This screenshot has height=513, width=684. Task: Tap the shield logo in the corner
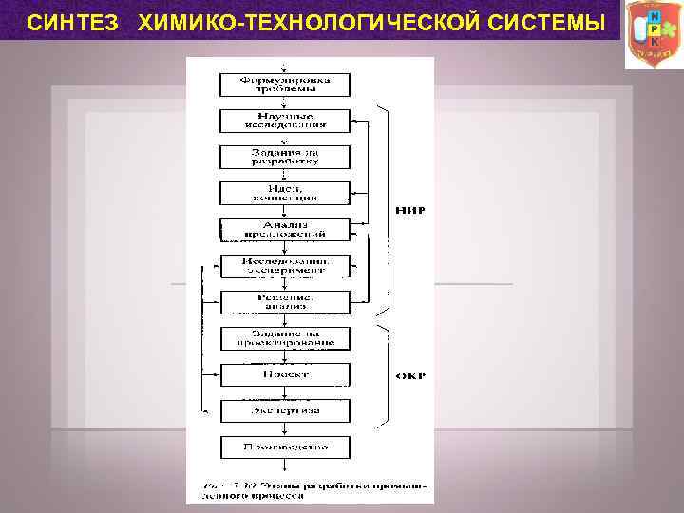[653, 34]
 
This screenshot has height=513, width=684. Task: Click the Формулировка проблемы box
[284, 84]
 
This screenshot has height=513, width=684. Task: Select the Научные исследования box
[284, 120]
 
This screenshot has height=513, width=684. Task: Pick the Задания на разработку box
[284, 157]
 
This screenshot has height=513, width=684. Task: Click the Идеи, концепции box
[284, 193]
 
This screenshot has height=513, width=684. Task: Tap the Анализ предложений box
[284, 229]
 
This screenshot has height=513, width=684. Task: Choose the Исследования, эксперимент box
[284, 265]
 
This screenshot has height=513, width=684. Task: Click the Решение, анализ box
[284, 302]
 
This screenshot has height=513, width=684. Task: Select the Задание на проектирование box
[284, 338]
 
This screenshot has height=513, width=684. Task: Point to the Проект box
[284, 374]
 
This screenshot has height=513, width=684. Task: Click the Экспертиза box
[284, 411]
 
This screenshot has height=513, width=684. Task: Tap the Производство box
[284, 446]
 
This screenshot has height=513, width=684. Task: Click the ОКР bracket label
[409, 375]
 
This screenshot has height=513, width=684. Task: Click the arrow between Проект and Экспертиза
[284, 393]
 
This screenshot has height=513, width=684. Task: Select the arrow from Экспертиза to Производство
[284, 429]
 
